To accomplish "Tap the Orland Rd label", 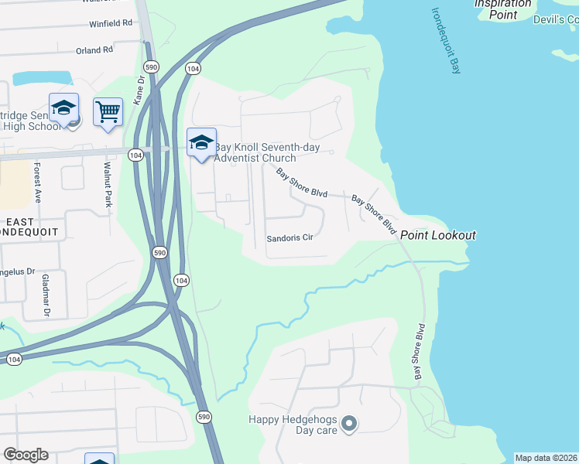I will [94, 51].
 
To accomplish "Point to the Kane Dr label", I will [139, 89].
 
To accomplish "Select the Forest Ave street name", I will [36, 183].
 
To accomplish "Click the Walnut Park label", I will [108, 185].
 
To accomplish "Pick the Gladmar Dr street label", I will [46, 296].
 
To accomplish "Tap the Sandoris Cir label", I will [289, 239].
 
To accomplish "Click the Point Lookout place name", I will [437, 235].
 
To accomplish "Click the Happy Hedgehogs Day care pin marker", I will [348, 423].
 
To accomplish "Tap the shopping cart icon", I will [108, 111].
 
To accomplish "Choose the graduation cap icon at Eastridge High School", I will [63, 107].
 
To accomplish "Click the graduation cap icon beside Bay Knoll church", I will [201, 142].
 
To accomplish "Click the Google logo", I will [25, 455].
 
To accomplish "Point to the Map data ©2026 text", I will [546, 458].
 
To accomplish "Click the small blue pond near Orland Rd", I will [43, 78].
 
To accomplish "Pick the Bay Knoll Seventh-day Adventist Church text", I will [255, 152].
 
